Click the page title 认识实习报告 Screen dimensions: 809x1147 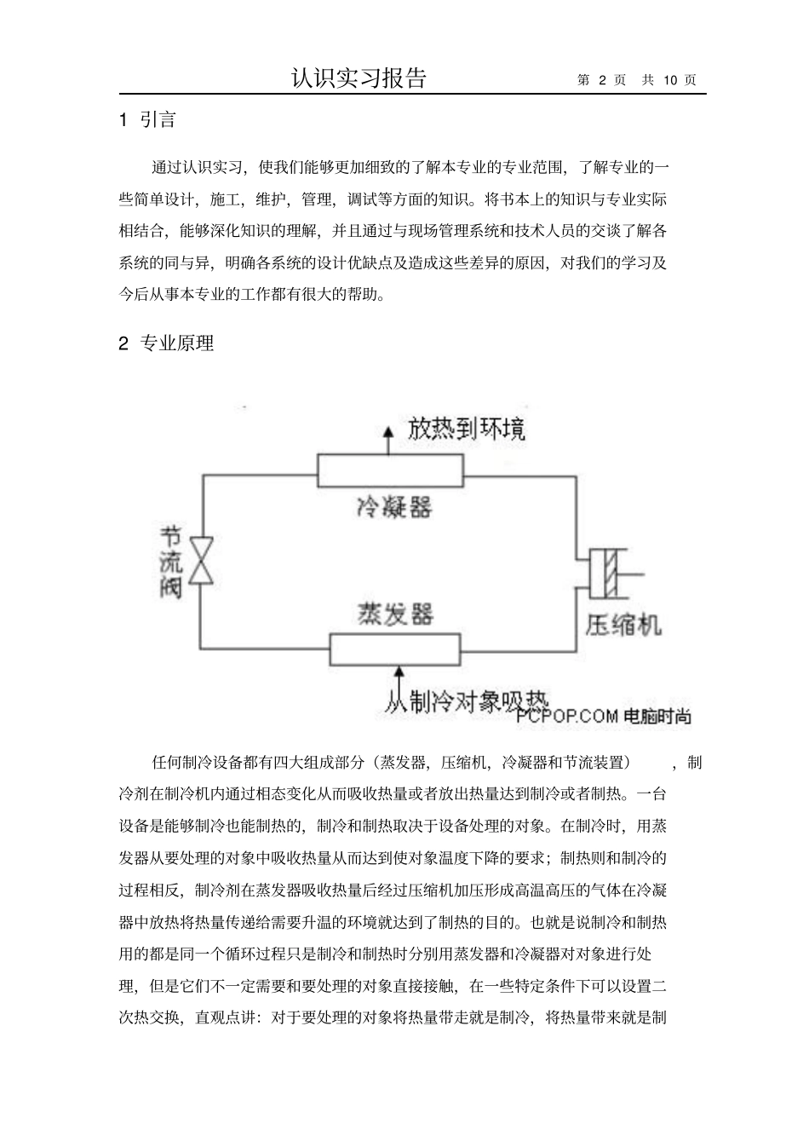coord(359,78)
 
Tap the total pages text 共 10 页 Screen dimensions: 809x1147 coord(669,80)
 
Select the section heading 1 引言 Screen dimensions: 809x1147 coord(148,120)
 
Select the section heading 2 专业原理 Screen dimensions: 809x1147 coord(166,343)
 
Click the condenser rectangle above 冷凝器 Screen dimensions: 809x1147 coord(389,468)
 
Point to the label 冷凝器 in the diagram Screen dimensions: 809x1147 coord(393,507)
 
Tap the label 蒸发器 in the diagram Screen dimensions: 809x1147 coord(394,614)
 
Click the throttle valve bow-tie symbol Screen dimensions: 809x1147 coord(202,561)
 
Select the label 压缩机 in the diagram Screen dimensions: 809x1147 coord(623,626)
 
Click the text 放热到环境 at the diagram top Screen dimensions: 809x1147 coord(466,429)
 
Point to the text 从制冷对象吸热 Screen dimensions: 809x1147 coord(467,700)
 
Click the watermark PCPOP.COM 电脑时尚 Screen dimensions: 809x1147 coord(602,717)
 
